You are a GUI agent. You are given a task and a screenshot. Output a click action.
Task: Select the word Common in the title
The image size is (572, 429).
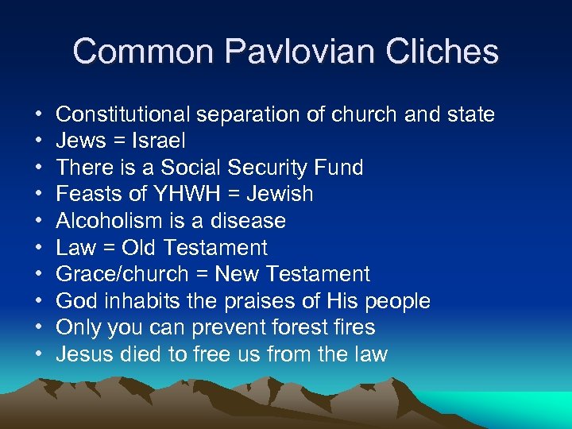point(144,52)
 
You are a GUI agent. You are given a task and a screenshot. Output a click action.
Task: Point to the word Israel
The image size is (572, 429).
point(158,141)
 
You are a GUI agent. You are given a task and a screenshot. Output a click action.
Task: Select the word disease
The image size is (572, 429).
point(247,221)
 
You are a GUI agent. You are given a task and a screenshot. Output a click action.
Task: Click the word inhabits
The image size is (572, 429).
point(133,301)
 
